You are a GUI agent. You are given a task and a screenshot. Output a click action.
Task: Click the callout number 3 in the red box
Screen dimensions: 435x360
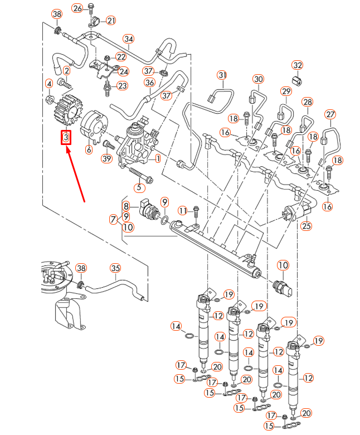click(66, 137)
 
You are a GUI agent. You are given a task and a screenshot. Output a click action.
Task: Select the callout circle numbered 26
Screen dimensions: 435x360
click(77, 8)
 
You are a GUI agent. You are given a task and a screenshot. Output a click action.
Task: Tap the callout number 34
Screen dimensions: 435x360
click(129, 39)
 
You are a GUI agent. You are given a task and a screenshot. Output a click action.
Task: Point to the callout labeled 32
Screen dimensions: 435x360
click(297, 65)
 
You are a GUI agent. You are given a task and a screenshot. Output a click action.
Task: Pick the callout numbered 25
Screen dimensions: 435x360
click(305, 226)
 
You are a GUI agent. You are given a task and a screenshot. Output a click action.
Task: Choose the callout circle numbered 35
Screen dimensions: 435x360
click(115, 268)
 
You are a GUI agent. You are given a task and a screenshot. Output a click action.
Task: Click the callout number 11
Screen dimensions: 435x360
click(183, 210)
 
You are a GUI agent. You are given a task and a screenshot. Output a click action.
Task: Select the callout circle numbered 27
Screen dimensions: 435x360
click(330, 115)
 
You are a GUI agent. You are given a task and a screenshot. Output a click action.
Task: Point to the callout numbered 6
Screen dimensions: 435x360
click(89, 149)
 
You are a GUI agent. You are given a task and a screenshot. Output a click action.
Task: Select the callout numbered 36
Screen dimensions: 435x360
click(149, 83)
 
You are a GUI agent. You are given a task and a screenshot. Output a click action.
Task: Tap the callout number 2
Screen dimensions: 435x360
click(67, 71)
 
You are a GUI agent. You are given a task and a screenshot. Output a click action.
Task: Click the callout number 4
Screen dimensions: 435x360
click(49, 84)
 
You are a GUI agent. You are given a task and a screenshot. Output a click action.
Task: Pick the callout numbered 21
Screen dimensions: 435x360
click(110, 21)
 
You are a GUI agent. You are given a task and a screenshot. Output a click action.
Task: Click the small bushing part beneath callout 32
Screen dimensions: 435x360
click(297, 80)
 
